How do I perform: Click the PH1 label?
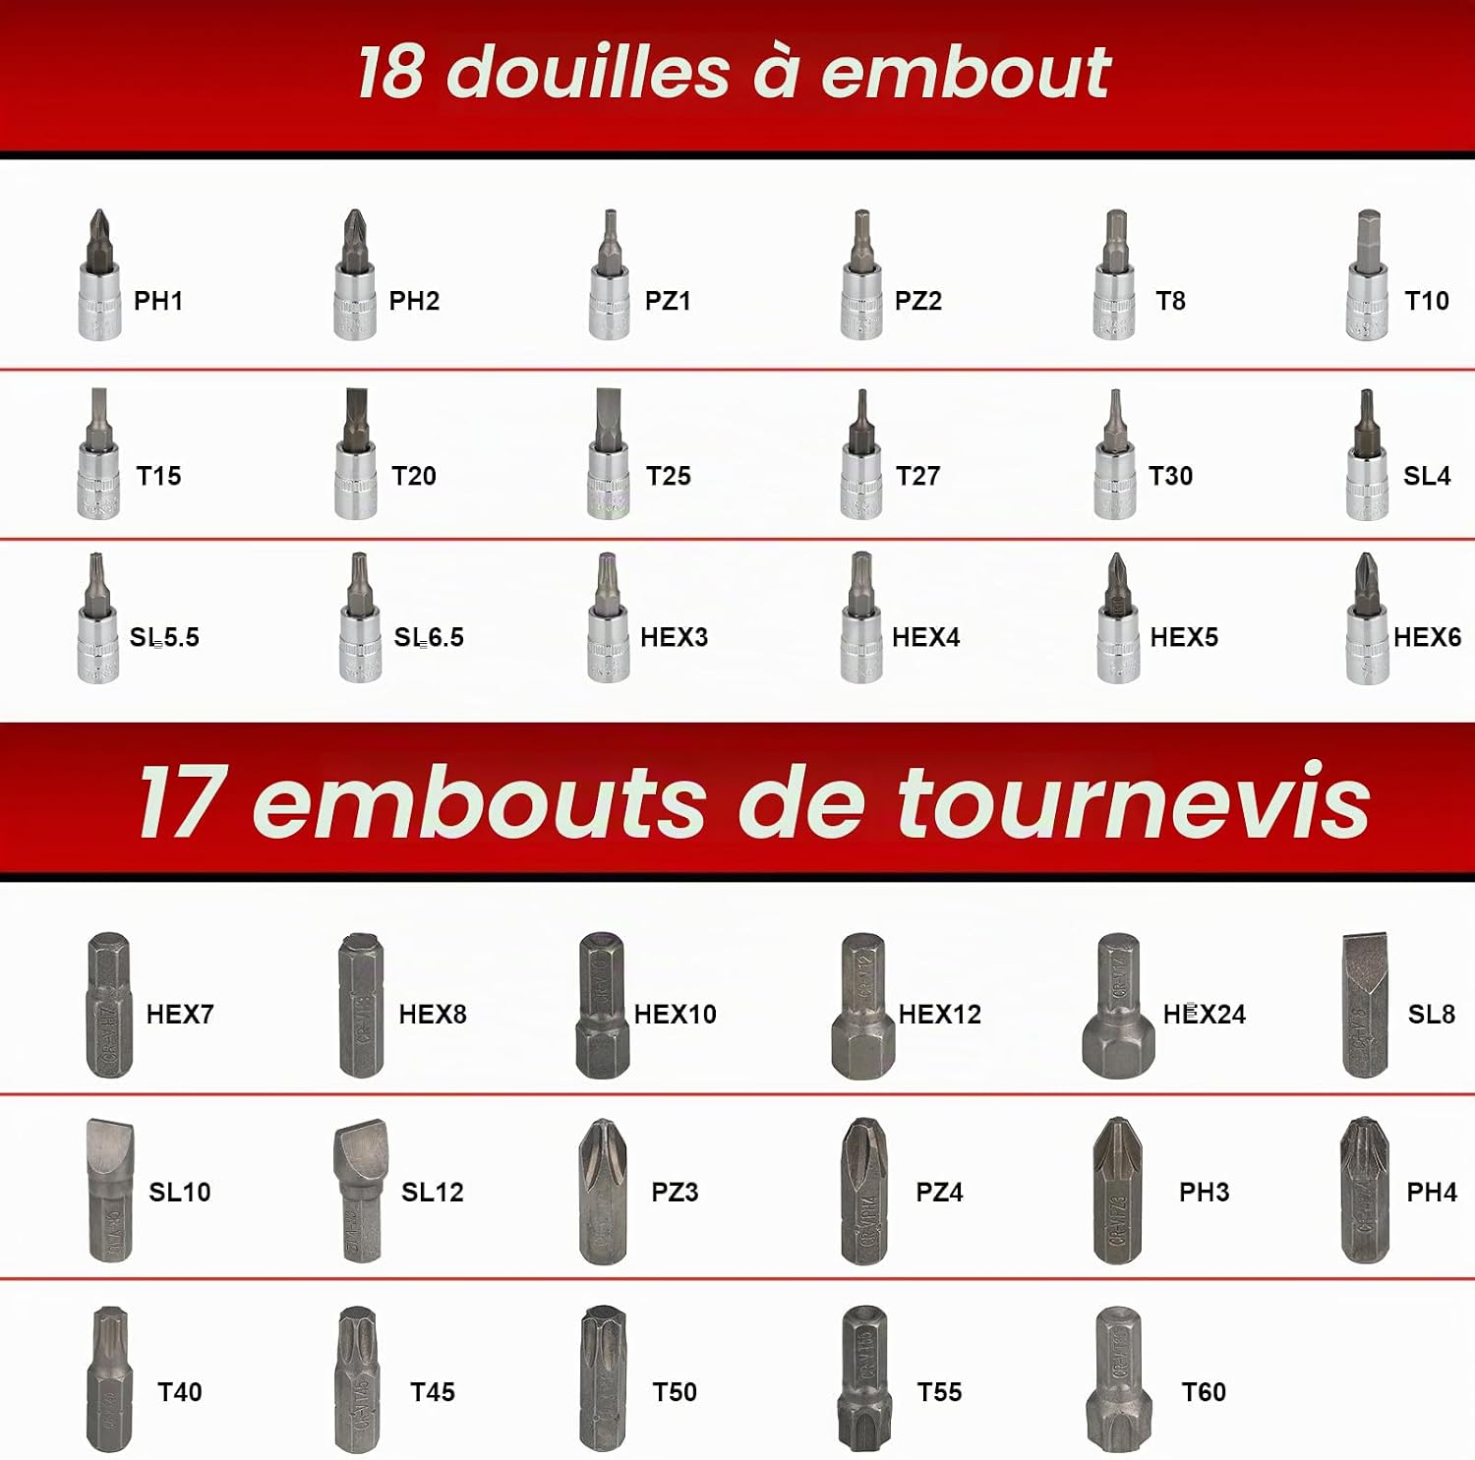(x=158, y=301)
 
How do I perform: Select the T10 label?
(x=1427, y=301)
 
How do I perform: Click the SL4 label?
(x=1427, y=476)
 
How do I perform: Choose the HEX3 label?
(x=675, y=637)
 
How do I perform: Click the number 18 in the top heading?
(x=391, y=72)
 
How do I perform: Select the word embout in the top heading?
(x=966, y=72)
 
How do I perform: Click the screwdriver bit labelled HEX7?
(x=108, y=1005)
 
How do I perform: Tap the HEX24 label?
(x=1205, y=1015)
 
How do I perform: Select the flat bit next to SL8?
(x=1365, y=1005)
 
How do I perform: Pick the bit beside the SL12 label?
(x=360, y=1191)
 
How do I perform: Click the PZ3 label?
(x=675, y=1193)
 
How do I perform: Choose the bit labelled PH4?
(x=1365, y=1191)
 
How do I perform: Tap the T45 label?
(x=433, y=1392)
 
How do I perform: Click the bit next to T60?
(x=1118, y=1378)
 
